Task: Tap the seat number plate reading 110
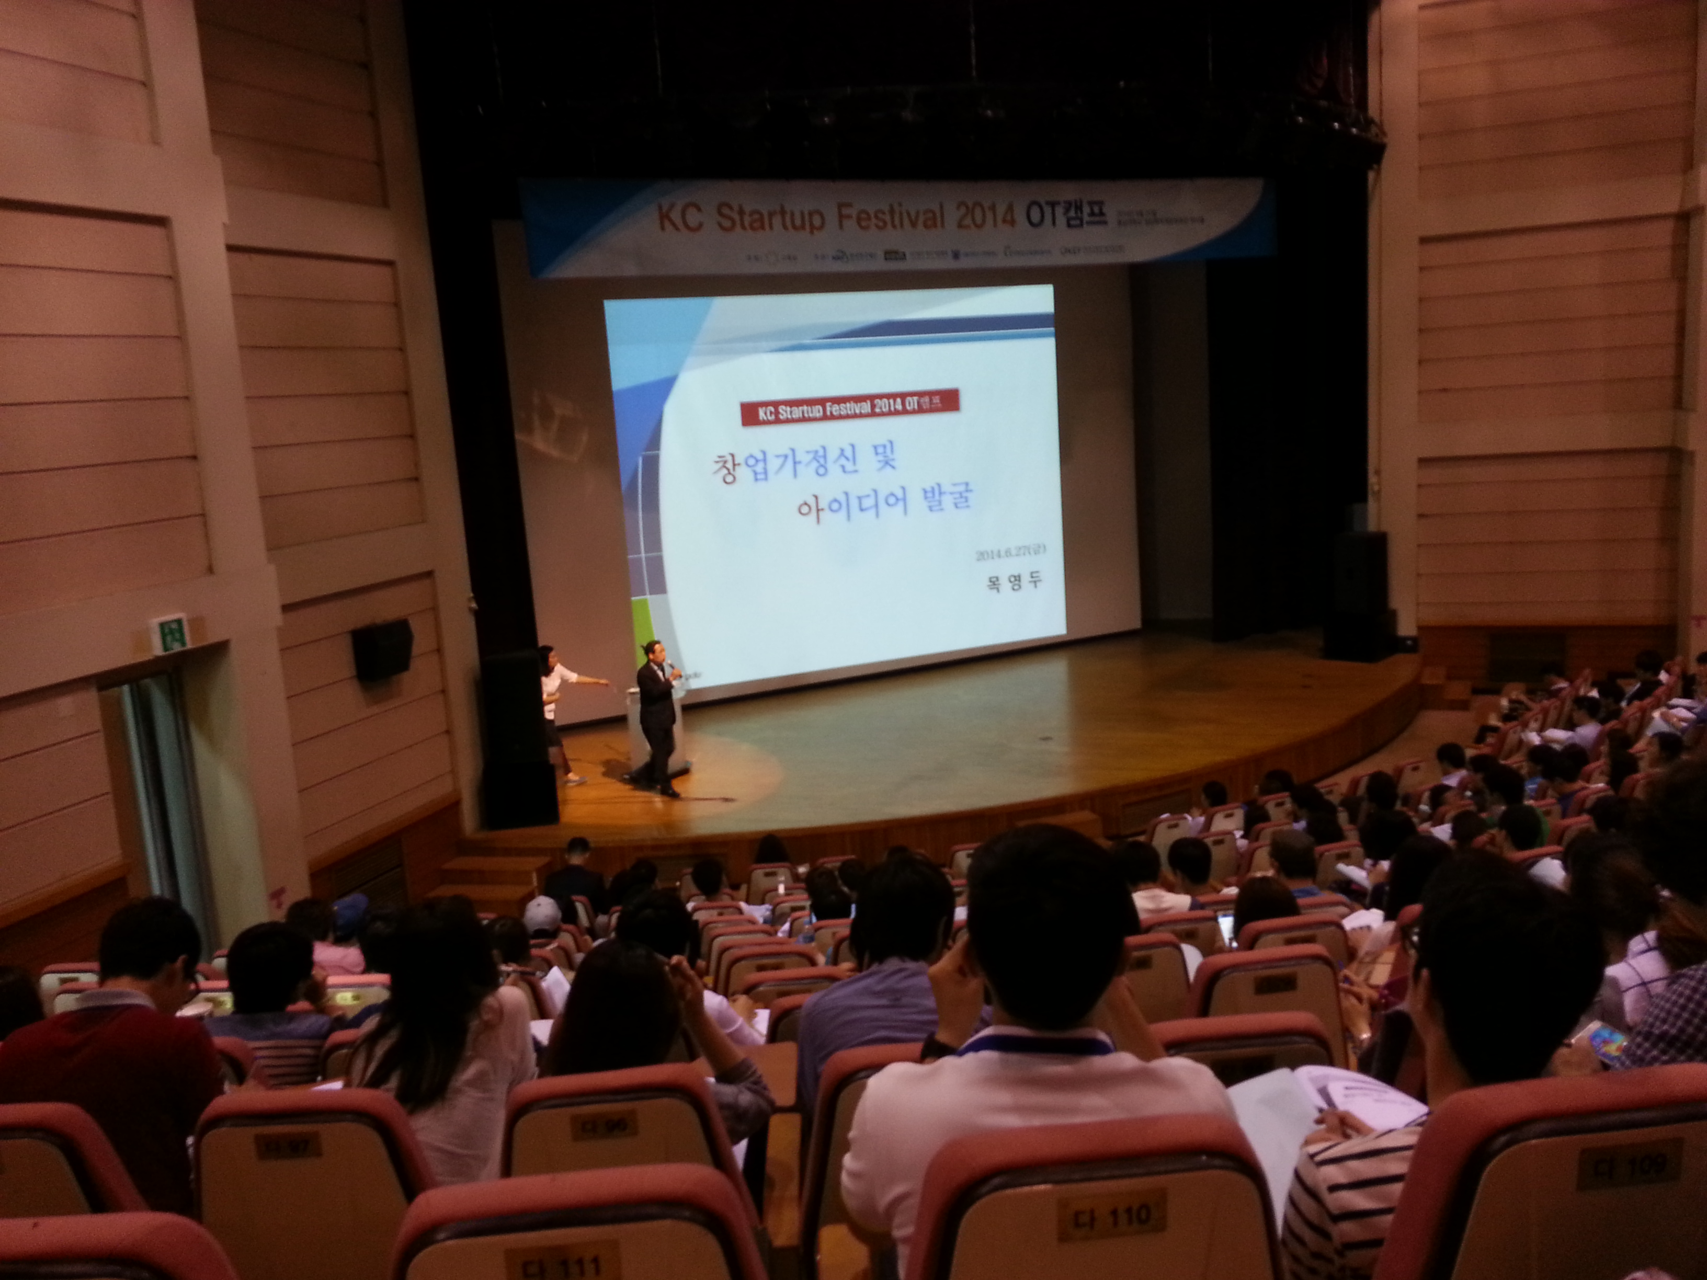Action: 1112,1217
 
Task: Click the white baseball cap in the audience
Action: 542,913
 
